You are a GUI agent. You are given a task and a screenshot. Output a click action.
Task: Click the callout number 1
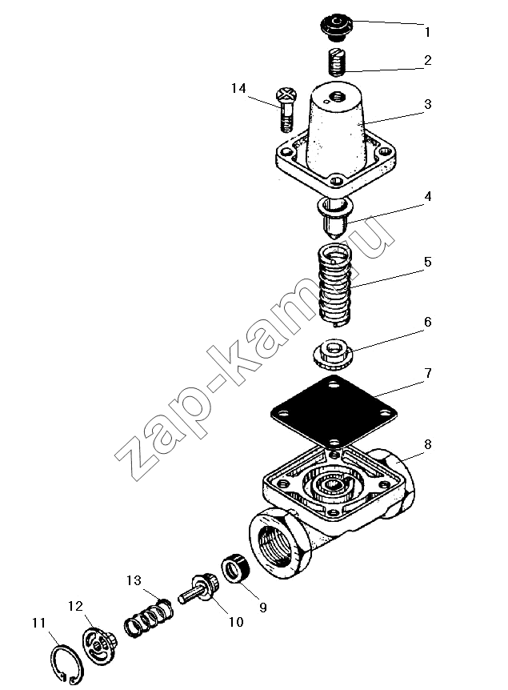tap(427, 32)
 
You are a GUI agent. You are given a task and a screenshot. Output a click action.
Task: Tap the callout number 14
tap(238, 88)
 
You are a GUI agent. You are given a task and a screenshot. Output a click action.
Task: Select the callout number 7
tap(428, 373)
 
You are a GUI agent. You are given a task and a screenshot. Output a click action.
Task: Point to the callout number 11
tap(38, 623)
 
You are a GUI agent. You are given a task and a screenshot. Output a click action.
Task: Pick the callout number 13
tap(134, 580)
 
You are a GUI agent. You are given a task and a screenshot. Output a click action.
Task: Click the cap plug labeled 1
tap(337, 26)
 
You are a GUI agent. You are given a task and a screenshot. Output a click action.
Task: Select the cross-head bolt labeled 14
tap(286, 109)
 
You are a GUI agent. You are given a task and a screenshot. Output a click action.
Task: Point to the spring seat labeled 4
tap(334, 218)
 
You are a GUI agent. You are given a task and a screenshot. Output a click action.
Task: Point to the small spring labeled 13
tap(149, 618)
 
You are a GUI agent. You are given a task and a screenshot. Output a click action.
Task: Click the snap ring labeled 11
tap(65, 666)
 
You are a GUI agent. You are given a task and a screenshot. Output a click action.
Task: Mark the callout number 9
tap(262, 608)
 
